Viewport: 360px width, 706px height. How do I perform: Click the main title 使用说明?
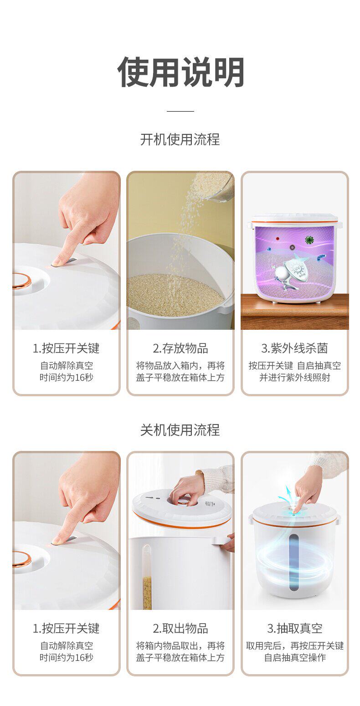click(x=180, y=72)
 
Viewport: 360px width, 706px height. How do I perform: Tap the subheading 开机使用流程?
click(x=180, y=139)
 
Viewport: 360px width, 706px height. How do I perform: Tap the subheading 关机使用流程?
click(x=180, y=430)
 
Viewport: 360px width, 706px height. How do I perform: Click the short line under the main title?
click(x=180, y=111)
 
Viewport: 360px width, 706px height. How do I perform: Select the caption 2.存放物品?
click(x=180, y=348)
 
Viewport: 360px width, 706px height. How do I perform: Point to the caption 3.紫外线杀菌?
click(x=294, y=348)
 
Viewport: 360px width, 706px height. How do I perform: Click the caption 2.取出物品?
click(x=180, y=629)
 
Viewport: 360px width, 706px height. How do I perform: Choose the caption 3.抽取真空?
click(x=295, y=629)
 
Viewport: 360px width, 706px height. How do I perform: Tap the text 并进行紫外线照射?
click(x=295, y=377)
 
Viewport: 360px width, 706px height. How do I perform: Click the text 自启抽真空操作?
click(x=295, y=657)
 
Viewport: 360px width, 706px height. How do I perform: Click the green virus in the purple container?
click(x=309, y=240)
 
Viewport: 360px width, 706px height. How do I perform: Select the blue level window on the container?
click(x=293, y=562)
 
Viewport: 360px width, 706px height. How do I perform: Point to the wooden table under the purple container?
click(x=295, y=312)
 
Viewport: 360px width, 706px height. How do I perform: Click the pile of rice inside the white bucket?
click(x=175, y=294)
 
